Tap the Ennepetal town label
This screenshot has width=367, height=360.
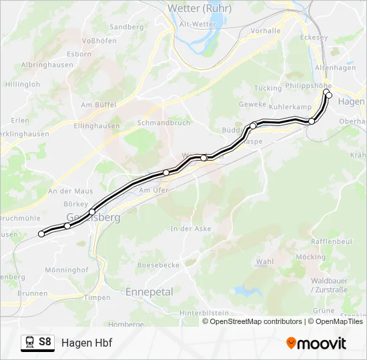tap(149, 292)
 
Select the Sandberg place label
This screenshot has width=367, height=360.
tap(126, 27)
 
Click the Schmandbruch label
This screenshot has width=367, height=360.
tap(163, 123)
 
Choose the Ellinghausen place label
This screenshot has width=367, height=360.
tap(97, 125)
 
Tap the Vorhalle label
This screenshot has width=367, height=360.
tap(265, 31)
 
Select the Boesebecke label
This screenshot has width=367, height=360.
tap(158, 265)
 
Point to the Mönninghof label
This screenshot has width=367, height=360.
tap(66, 270)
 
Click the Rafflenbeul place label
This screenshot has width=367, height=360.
tap(332, 241)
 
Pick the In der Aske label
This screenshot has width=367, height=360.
tap(191, 229)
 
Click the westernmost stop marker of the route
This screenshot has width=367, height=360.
tap(41, 233)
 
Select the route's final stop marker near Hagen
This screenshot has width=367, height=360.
tap(328, 95)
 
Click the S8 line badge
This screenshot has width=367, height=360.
tap(45, 343)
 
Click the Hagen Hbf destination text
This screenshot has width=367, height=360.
tap(87, 343)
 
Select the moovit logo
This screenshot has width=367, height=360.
tap(316, 343)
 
